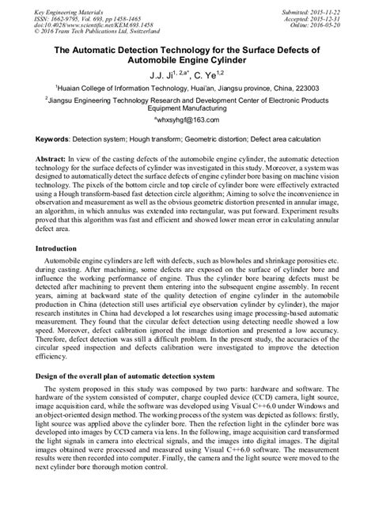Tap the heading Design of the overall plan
coord(127,377)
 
